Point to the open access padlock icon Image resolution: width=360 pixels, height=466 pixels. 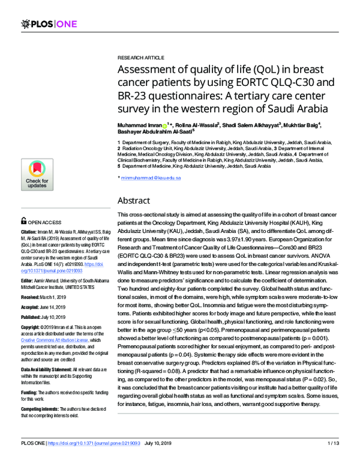click(x=23, y=221)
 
